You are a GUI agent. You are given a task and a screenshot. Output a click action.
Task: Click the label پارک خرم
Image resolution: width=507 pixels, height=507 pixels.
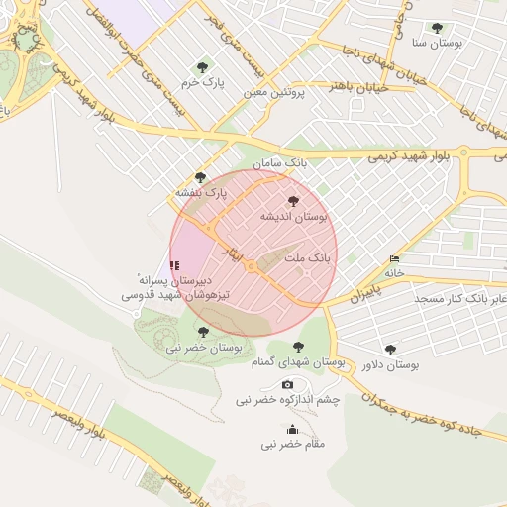(203, 83)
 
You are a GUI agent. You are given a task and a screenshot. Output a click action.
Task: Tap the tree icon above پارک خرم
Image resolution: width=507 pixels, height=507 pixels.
(203, 67)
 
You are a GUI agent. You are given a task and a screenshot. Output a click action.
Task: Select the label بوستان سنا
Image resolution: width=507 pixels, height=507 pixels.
(437, 44)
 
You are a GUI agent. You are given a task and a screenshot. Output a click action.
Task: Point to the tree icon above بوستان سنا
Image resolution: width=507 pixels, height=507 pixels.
(437, 28)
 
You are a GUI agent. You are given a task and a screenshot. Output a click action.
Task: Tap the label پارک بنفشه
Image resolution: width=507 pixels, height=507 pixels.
(201, 191)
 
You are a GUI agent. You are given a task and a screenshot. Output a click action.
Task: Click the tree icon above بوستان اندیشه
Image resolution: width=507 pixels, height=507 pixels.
(291, 200)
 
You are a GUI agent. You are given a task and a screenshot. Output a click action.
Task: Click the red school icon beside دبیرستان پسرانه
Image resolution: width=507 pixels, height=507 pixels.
(175, 265)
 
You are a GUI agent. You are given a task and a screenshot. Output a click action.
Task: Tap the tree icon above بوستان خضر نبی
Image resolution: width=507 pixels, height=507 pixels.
(203, 332)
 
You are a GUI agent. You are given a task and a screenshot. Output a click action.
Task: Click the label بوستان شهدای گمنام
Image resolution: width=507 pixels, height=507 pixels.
(298, 362)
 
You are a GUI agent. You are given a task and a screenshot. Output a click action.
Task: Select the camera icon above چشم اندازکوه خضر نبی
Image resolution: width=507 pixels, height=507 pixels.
(287, 384)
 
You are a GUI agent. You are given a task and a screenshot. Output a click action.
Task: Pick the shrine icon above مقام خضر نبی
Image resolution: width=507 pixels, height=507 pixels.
(292, 429)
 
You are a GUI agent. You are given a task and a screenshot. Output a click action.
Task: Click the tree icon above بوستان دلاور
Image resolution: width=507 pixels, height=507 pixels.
(390, 349)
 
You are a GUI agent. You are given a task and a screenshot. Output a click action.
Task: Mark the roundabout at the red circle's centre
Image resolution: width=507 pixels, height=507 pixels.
(252, 266)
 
